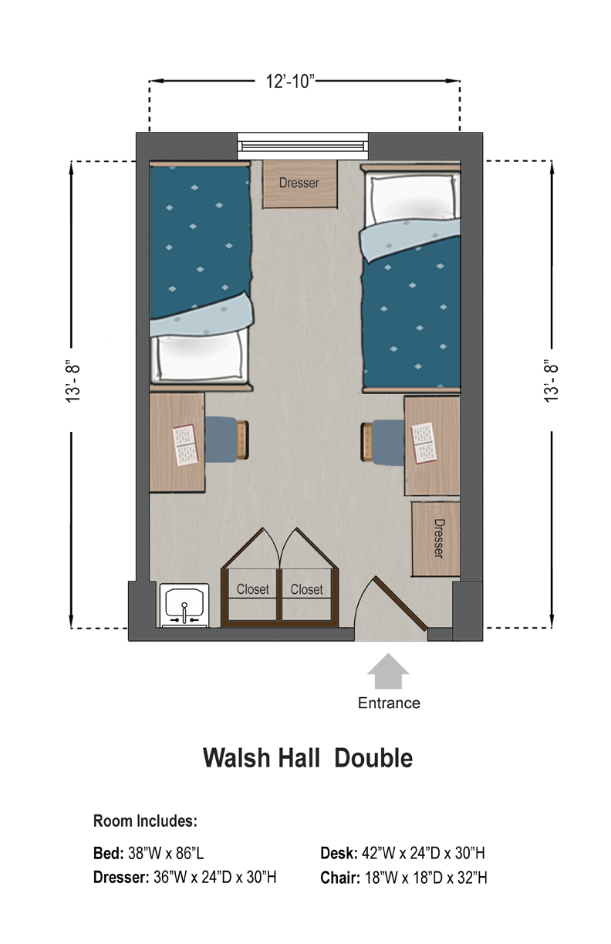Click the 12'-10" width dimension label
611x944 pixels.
290,81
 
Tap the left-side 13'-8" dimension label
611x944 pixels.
73,383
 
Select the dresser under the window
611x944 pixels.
300,184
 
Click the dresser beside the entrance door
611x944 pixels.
436,538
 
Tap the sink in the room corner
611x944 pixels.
184,605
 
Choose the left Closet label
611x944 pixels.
252,589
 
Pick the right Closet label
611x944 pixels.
306,589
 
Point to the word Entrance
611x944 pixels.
389,703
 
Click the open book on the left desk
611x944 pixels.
186,444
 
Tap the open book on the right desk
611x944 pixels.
424,443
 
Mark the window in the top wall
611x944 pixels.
302,146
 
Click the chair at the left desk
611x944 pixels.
227,439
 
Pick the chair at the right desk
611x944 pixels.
383,442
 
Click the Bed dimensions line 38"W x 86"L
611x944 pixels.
148,854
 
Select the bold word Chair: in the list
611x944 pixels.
340,878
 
